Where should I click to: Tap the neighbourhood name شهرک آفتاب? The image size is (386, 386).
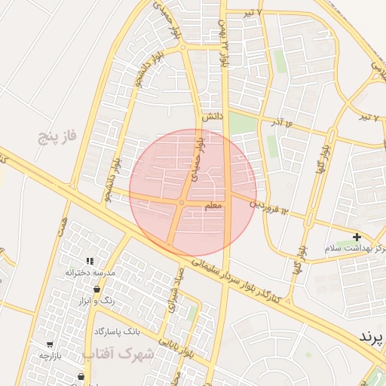[118, 353]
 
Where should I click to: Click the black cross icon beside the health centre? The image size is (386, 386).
[357, 237]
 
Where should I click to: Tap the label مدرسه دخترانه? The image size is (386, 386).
[90, 271]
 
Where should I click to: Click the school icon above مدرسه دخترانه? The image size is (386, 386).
[90, 261]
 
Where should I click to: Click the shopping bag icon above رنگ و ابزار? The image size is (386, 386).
[97, 289]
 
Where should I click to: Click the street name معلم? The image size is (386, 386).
[213, 205]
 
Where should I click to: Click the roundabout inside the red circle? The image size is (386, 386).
[182, 203]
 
